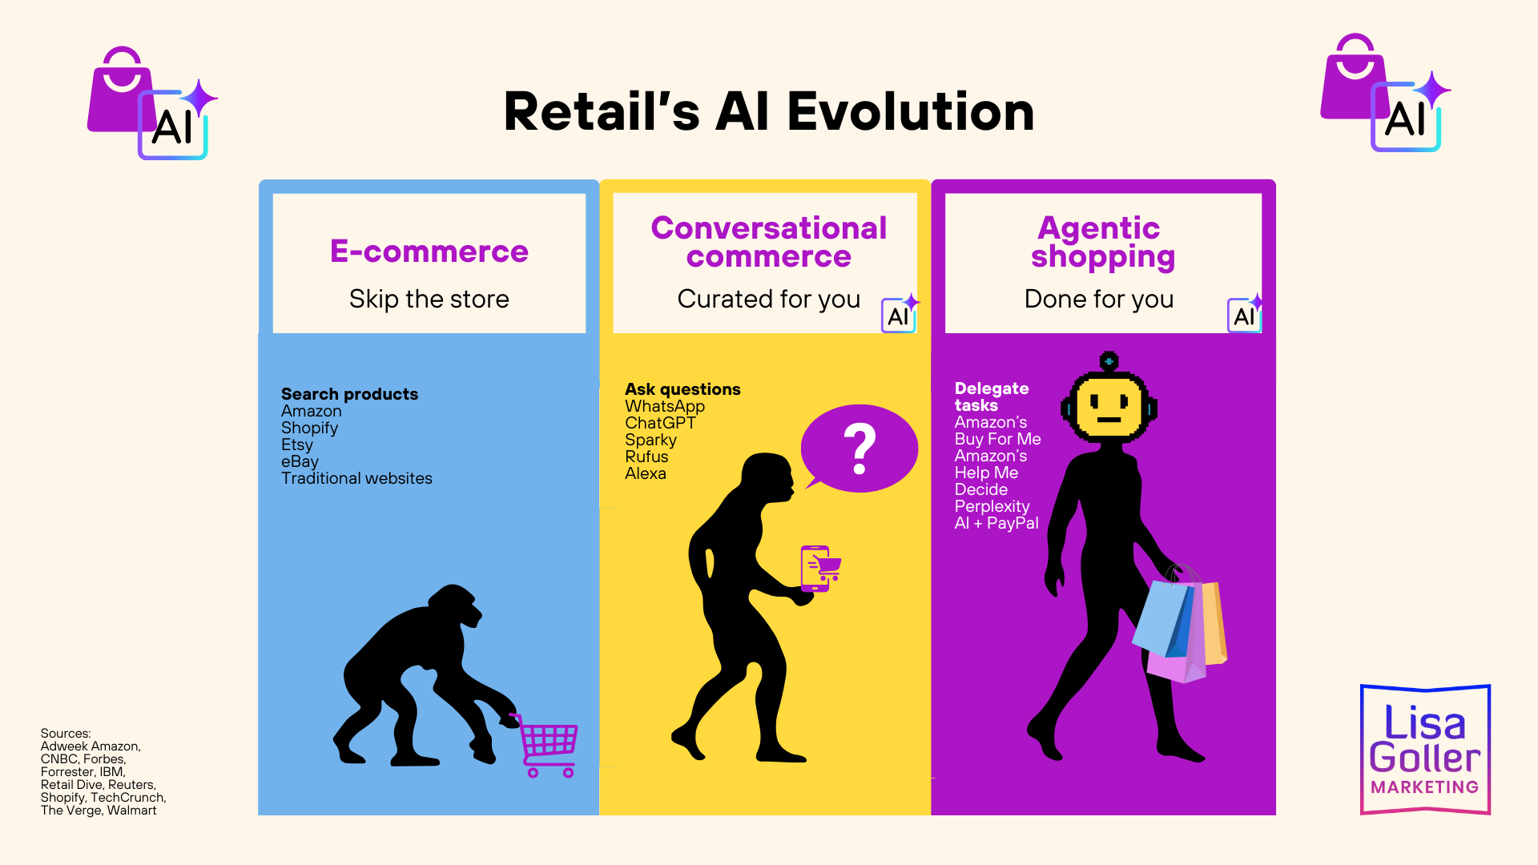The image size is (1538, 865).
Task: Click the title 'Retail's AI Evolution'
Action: [x=769, y=111]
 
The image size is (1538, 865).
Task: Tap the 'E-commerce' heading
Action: [x=429, y=251]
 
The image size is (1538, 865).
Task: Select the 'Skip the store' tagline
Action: [x=429, y=299]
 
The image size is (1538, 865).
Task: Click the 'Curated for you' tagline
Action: [x=768, y=299]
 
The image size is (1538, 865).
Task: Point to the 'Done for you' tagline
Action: [x=1098, y=299]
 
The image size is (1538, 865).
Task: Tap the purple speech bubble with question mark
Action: [x=860, y=449]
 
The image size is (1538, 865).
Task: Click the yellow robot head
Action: [x=1109, y=404]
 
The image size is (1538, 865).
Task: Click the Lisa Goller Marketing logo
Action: [x=1425, y=750]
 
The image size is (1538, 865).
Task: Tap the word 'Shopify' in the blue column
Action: [x=309, y=428]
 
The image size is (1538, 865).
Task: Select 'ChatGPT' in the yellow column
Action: [x=660, y=423]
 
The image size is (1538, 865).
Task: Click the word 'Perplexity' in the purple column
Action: [x=992, y=506]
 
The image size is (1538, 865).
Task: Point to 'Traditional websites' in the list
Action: [x=356, y=478]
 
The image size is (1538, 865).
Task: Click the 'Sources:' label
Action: [x=66, y=733]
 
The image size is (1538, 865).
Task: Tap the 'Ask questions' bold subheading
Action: [x=682, y=389]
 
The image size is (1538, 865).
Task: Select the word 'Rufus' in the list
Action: [x=646, y=457]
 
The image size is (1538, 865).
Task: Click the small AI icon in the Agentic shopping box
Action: [x=1244, y=315]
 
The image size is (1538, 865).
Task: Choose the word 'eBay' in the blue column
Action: [x=300, y=461]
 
